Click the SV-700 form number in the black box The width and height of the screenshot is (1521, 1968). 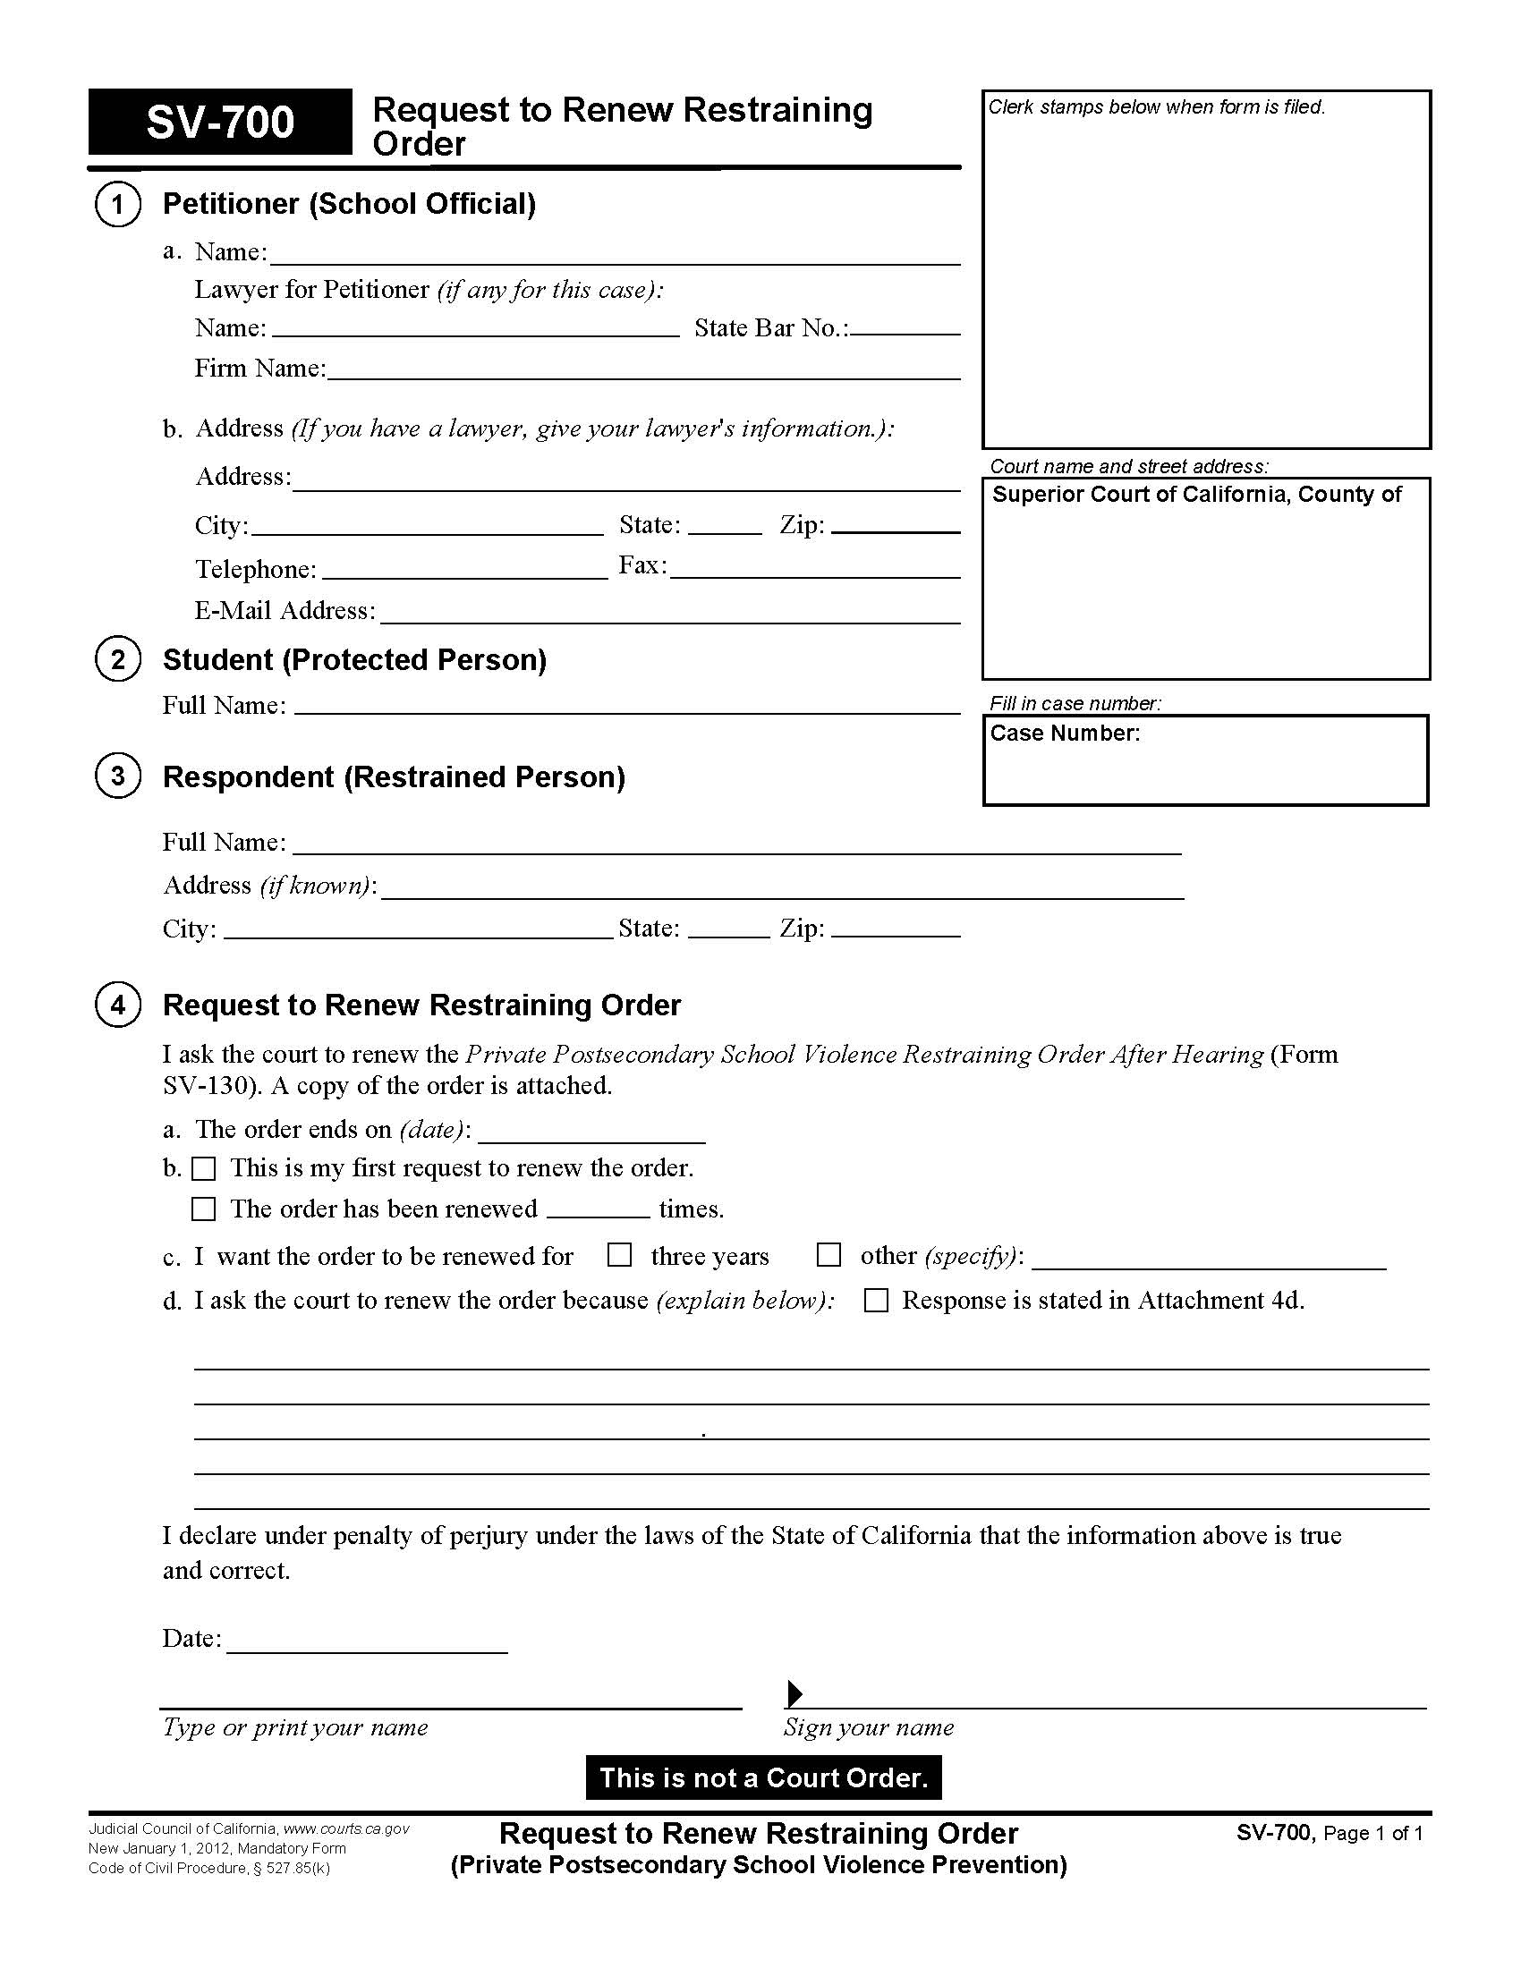coord(220,123)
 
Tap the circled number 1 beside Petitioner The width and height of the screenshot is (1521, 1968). coord(117,205)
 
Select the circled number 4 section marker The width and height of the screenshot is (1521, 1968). coord(117,1005)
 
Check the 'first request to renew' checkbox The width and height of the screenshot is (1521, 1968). coord(205,1169)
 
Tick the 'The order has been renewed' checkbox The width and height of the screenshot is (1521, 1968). coord(205,1209)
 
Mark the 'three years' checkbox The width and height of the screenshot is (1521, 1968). coord(619,1255)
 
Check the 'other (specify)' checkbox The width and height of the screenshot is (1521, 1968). coord(828,1255)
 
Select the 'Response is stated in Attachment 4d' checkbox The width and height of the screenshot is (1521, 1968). coord(876,1301)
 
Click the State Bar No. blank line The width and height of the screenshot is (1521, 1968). coord(905,330)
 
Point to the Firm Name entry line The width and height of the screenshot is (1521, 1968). coord(643,372)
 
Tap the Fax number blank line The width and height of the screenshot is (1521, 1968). coord(814,571)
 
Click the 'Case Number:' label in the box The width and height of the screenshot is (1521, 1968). coord(1065,734)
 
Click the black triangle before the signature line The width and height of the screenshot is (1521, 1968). coord(794,1694)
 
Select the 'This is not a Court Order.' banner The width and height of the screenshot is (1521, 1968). coord(763,1777)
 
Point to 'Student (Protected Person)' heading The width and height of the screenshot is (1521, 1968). coord(354,660)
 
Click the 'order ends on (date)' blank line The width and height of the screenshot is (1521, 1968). coord(591,1134)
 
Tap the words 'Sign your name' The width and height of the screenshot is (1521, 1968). coord(869,1727)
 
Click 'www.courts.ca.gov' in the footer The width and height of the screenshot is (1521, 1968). coord(346,1829)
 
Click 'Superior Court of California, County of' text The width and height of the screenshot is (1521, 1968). coord(1196,495)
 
